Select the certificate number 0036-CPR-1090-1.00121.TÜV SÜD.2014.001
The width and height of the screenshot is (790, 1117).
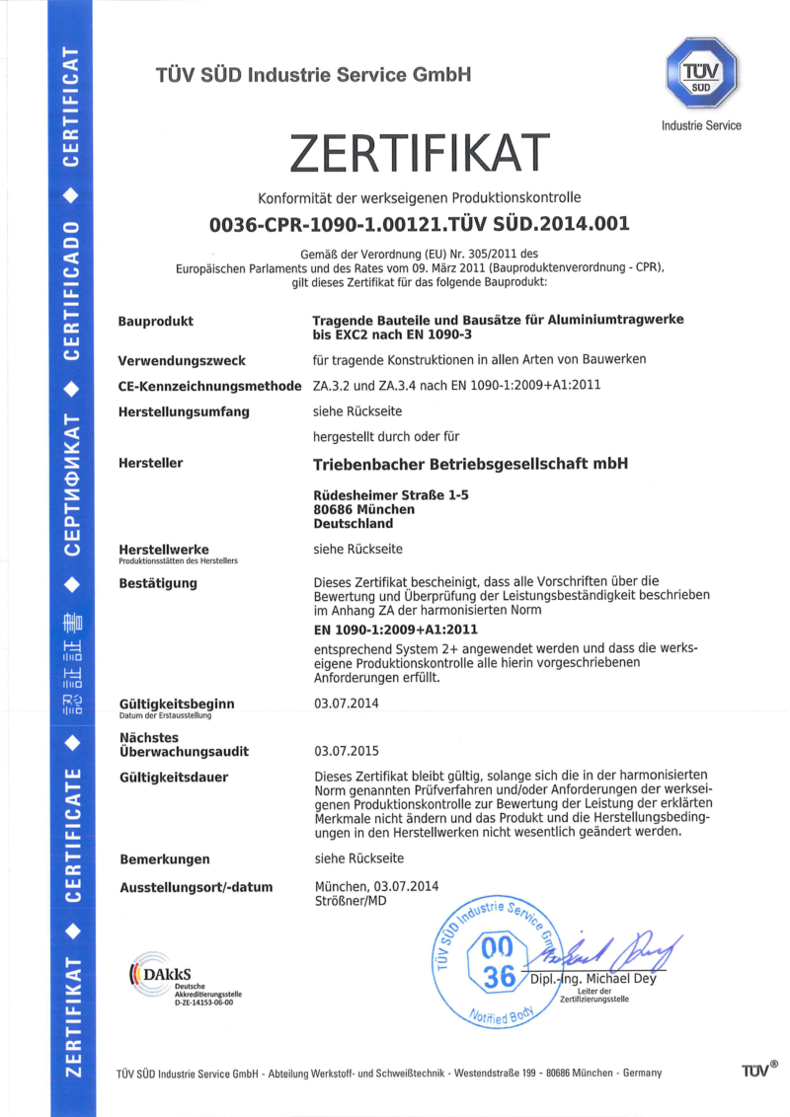420,224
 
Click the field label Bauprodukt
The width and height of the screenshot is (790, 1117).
156,321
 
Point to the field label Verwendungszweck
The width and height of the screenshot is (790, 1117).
182,360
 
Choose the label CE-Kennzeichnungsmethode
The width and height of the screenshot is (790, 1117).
209,386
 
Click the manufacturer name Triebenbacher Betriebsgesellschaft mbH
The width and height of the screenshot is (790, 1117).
470,463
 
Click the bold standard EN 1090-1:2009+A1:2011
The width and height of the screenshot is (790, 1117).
395,629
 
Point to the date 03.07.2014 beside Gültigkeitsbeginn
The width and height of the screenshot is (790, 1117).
347,704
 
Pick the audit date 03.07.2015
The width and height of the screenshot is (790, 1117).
347,751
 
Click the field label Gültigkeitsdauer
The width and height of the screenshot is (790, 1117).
173,778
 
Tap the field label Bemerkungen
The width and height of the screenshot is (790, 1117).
164,859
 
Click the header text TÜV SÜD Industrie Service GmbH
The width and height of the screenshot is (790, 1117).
313,75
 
